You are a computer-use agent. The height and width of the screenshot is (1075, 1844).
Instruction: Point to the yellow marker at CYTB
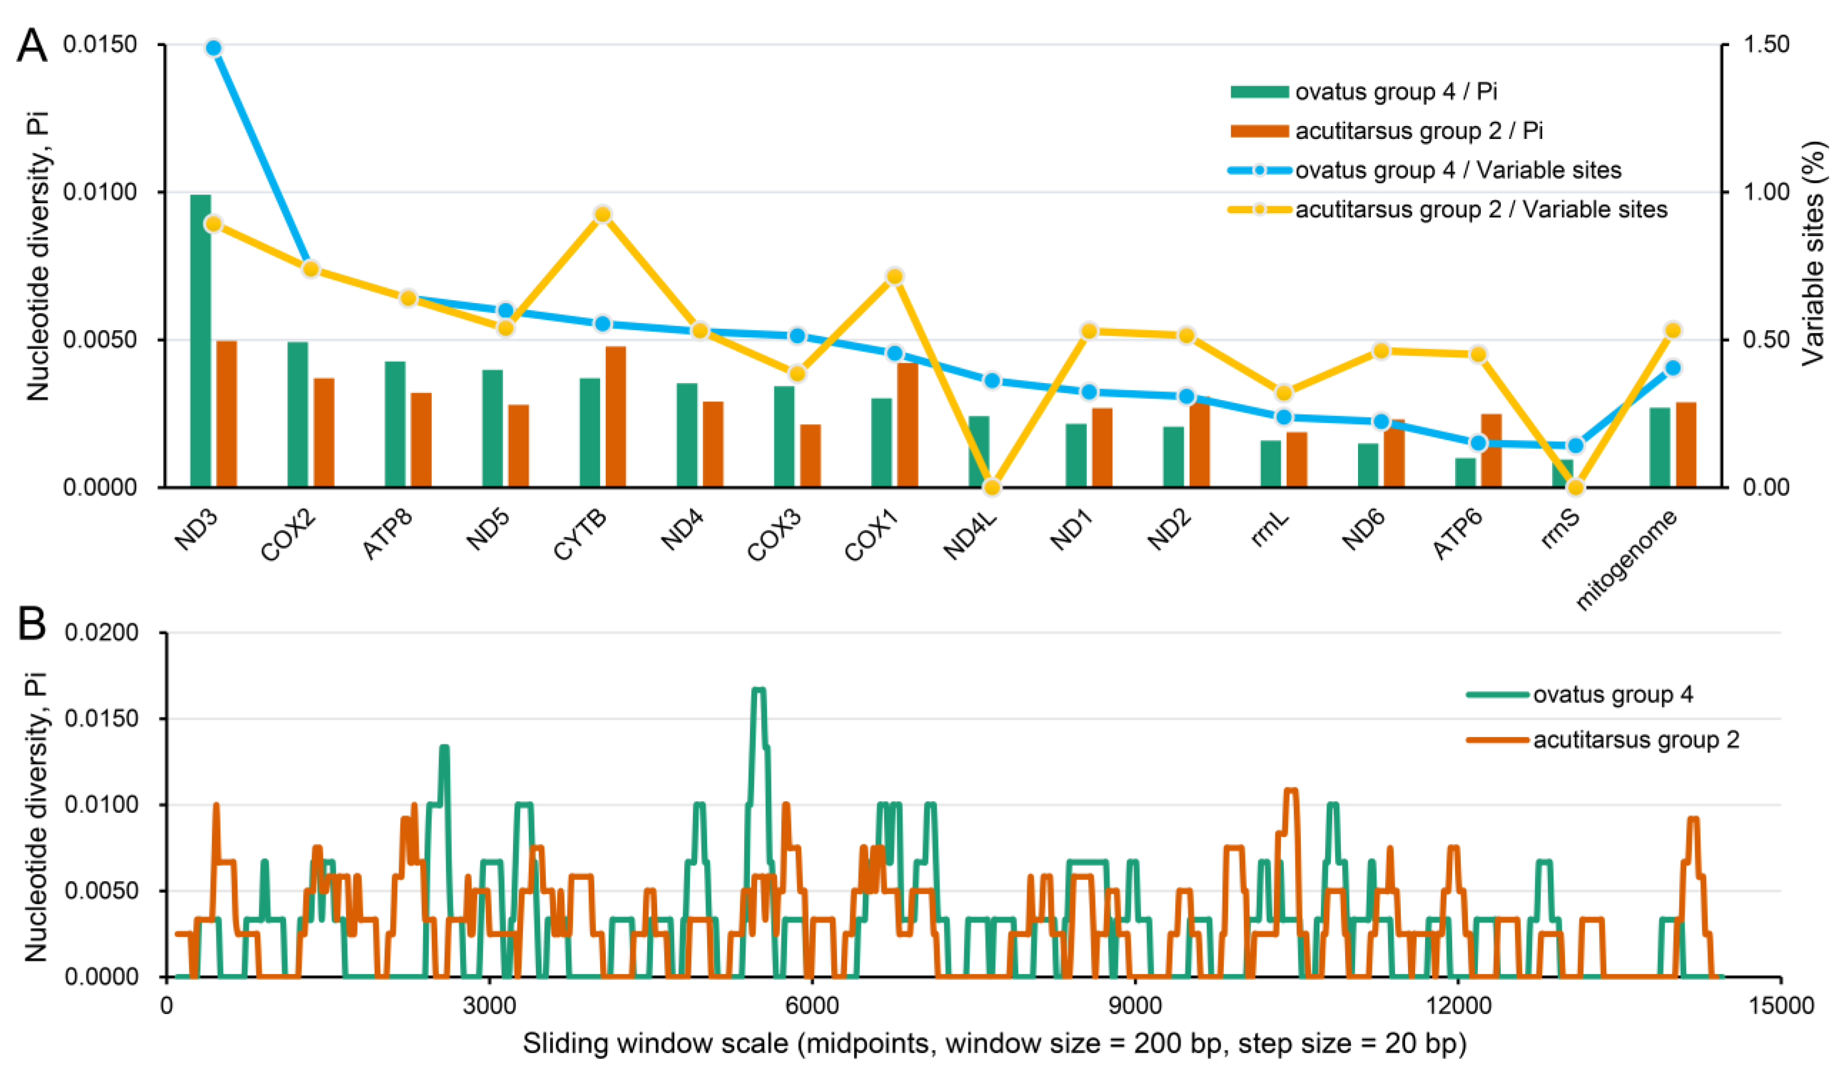click(x=602, y=215)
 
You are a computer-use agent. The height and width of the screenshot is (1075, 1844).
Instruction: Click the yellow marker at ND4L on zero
click(x=991, y=487)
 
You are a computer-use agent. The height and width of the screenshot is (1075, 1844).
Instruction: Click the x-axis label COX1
click(x=871, y=537)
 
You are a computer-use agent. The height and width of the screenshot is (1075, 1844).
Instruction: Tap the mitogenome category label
click(x=1626, y=560)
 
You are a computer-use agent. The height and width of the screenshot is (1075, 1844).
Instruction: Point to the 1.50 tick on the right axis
click(x=1766, y=45)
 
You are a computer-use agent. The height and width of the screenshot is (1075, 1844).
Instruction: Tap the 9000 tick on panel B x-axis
click(x=1134, y=1005)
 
